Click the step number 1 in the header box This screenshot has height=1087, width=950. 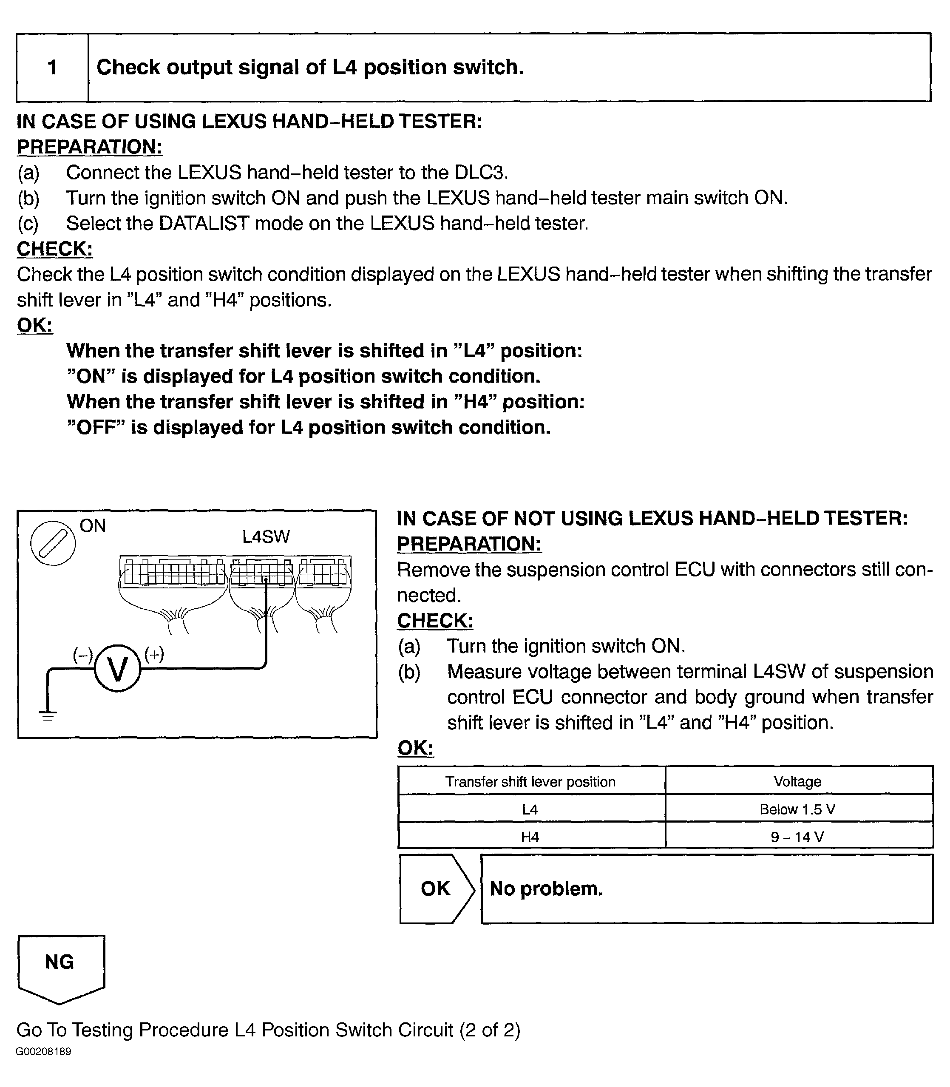52,67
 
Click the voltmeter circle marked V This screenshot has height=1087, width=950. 118,668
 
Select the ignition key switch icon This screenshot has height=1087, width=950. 53,543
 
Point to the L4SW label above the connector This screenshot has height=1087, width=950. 266,536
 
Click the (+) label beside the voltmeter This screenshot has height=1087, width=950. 154,654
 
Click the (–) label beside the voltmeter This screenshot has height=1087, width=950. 83,656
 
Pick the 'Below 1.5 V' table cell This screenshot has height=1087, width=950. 797,809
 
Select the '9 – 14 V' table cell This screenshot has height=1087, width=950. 797,837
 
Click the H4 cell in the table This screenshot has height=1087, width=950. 530,837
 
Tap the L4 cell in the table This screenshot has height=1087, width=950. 530,809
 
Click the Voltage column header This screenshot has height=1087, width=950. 797,781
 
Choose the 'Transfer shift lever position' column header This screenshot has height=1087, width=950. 530,781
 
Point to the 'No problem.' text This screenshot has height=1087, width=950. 547,889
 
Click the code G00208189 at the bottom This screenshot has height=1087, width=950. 43,1051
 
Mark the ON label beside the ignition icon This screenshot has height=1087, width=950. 93,525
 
